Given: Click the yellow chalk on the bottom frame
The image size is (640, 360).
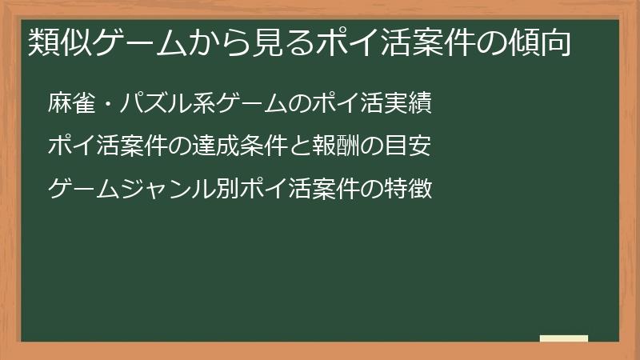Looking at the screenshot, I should coord(563,338).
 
